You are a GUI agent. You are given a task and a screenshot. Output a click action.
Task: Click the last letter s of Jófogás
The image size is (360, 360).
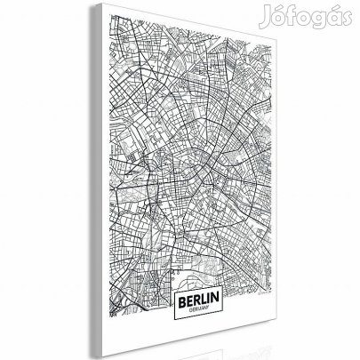tap(348, 14)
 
